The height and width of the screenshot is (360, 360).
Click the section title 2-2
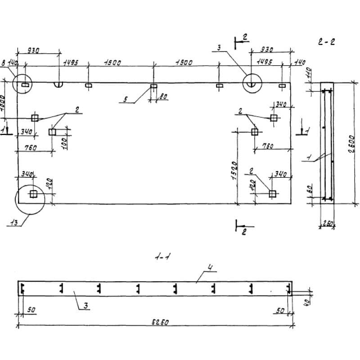point(326,42)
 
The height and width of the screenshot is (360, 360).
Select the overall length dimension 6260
point(156,322)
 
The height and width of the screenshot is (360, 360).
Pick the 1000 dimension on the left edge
point(4,100)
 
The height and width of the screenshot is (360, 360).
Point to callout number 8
point(4,65)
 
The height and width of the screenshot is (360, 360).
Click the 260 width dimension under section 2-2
point(327,222)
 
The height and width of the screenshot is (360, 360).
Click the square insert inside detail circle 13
point(33,194)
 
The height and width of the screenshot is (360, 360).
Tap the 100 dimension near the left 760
point(64,144)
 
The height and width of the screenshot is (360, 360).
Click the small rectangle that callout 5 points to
point(153,85)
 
